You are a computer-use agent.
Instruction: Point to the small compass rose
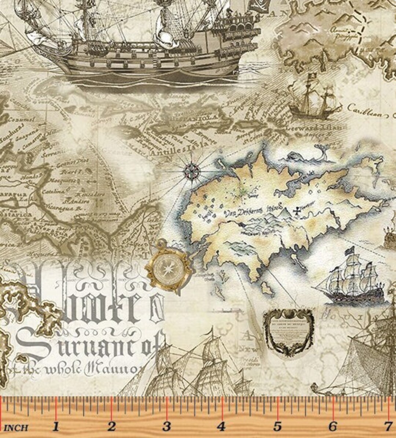(x=191, y=170)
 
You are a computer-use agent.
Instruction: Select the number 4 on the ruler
(x=221, y=427)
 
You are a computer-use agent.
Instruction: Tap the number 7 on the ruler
(x=388, y=427)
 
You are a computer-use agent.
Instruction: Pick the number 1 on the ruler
(x=56, y=427)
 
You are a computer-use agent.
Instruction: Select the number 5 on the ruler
(x=277, y=427)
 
